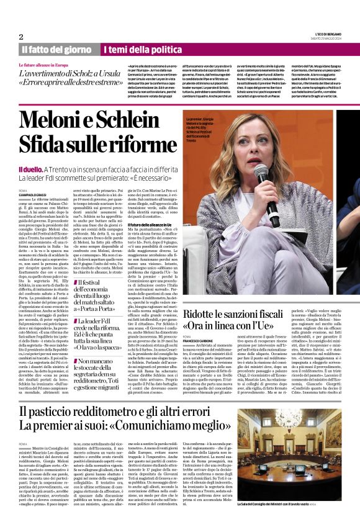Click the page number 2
21,37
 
